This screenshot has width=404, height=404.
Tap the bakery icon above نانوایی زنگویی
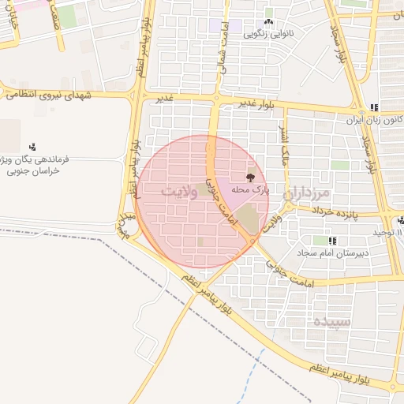268,22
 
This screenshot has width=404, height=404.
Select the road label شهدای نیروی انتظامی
49,95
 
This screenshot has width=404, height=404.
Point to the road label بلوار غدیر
259,105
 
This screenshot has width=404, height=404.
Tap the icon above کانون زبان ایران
374,107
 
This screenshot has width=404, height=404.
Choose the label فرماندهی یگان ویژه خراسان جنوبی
37,164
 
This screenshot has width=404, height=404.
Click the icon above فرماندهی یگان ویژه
32,146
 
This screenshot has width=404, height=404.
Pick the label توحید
388,233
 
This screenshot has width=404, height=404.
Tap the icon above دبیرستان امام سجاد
333,240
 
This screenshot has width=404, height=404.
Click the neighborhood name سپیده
330,322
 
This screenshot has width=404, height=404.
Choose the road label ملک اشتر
285,146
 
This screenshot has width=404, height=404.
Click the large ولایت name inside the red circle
178,192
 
